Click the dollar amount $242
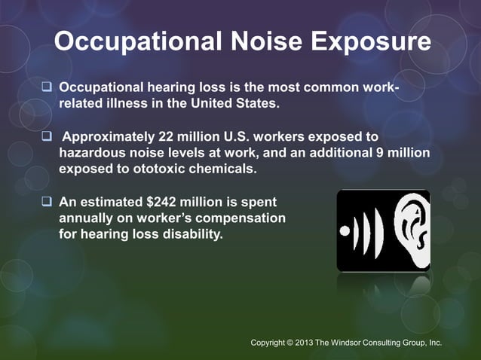155,202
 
